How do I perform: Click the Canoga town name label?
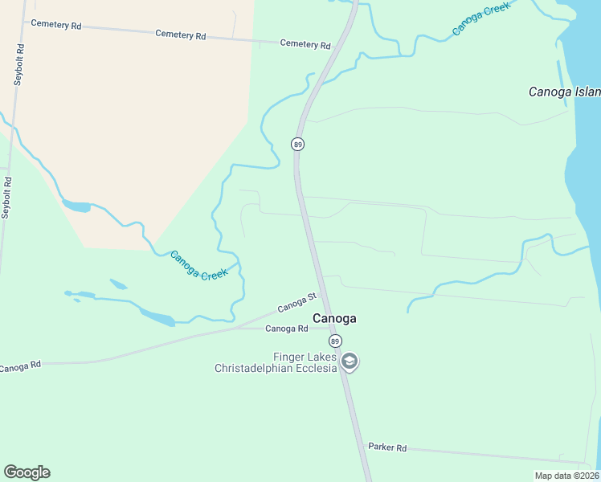click(334, 318)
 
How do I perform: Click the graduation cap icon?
click(350, 361)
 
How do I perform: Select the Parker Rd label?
click(387, 447)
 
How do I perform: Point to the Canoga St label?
click(297, 304)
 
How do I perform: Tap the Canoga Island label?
click(562, 92)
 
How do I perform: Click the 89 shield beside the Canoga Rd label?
click(335, 341)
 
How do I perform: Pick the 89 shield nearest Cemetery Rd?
click(297, 145)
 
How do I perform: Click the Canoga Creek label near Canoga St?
click(199, 264)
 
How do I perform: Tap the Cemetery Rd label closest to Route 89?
click(305, 44)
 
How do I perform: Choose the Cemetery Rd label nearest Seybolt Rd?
click(56, 25)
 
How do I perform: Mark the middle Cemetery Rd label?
click(181, 35)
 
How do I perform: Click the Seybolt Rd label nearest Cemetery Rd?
click(19, 64)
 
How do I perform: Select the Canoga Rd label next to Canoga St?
click(287, 329)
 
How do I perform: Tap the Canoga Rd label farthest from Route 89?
click(19, 367)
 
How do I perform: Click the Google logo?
click(27, 472)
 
